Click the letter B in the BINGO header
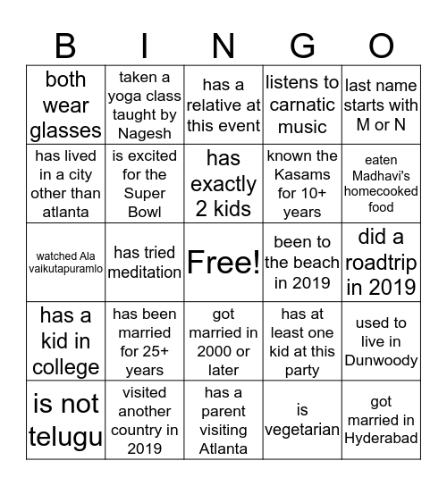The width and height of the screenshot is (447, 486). [x=65, y=45]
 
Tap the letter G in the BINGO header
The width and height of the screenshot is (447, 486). [x=302, y=45]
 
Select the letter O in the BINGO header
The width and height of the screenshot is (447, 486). [x=381, y=45]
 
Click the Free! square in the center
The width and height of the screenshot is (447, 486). [x=223, y=262]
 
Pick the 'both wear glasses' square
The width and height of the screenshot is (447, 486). [x=66, y=105]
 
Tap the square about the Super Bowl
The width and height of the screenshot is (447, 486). [x=145, y=184]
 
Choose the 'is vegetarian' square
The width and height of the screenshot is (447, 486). [x=302, y=420]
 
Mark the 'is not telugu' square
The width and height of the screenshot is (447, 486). [x=66, y=420]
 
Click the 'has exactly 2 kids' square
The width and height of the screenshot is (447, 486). [x=223, y=184]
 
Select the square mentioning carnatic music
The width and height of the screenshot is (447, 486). [x=302, y=105]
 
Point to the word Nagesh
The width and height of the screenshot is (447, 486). [x=145, y=133]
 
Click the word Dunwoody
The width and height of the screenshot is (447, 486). [x=381, y=360]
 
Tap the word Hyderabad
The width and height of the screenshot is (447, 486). [x=381, y=439]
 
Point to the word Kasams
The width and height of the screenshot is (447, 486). [x=302, y=175]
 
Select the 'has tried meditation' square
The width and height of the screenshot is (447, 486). [x=145, y=262]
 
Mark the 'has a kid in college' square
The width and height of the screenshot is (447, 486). [x=66, y=341]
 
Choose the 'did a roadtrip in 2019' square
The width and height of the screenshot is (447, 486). [x=381, y=262]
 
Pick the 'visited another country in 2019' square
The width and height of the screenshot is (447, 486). [x=145, y=420]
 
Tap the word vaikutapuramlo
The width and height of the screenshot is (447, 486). [x=66, y=268]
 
